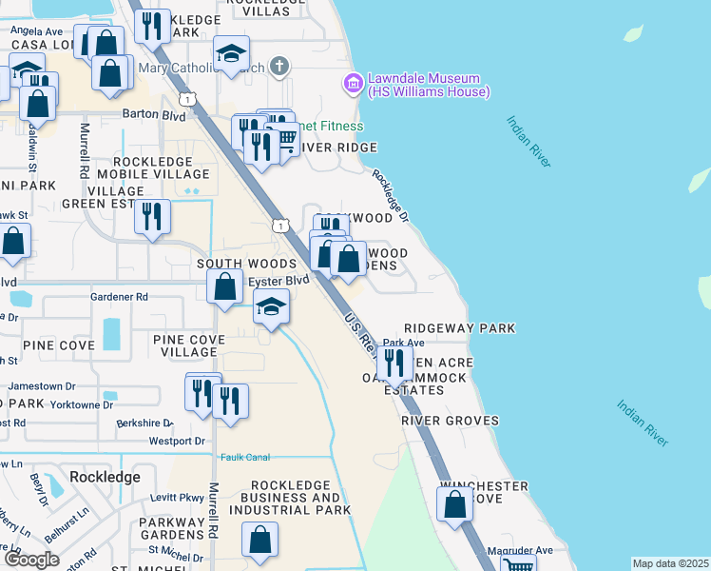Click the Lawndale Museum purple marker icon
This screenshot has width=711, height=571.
[354, 85]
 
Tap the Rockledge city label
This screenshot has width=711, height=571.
[105, 476]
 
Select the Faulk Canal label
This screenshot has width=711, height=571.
[245, 457]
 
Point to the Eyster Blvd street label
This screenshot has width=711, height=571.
[279, 281]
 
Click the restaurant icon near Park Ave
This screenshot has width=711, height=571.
[394, 363]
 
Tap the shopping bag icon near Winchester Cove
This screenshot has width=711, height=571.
[455, 503]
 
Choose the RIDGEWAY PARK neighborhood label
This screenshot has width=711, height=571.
[459, 328]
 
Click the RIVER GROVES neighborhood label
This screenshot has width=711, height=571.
[450, 421]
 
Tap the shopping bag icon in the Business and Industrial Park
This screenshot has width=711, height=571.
[259, 540]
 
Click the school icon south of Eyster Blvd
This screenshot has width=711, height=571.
[271, 307]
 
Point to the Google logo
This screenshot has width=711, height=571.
[32, 560]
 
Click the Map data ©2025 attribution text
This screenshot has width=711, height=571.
[670, 563]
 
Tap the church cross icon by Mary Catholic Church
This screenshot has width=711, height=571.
[278, 66]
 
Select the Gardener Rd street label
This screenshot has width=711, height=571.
[120, 297]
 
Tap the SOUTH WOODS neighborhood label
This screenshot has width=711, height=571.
[234, 263]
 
